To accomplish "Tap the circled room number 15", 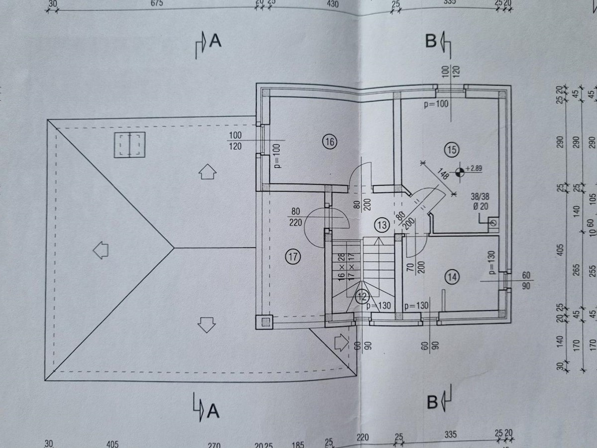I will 452,148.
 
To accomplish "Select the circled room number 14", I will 452,278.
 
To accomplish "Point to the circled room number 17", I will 293,257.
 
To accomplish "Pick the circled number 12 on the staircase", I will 362,297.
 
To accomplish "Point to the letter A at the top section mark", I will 215,41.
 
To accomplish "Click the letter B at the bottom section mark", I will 432,401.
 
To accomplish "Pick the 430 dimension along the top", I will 332,4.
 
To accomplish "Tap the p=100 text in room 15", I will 436,105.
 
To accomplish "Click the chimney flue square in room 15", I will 493,223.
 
